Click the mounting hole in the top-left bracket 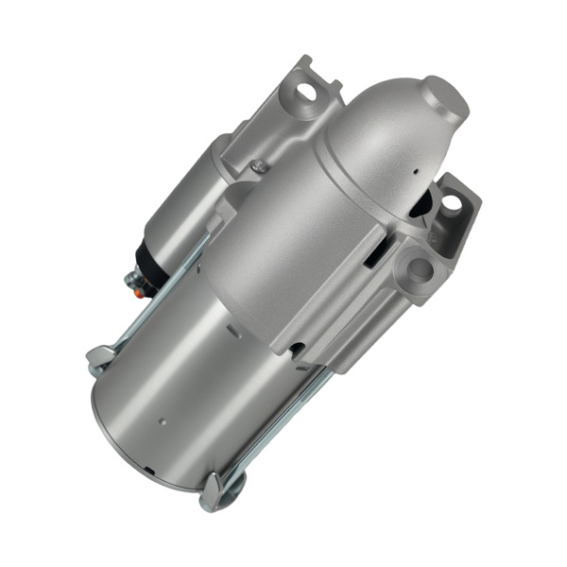click(x=305, y=93)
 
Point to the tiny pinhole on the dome click(x=413, y=172)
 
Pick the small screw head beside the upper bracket click(x=258, y=167)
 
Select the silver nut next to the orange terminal click(x=133, y=281)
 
